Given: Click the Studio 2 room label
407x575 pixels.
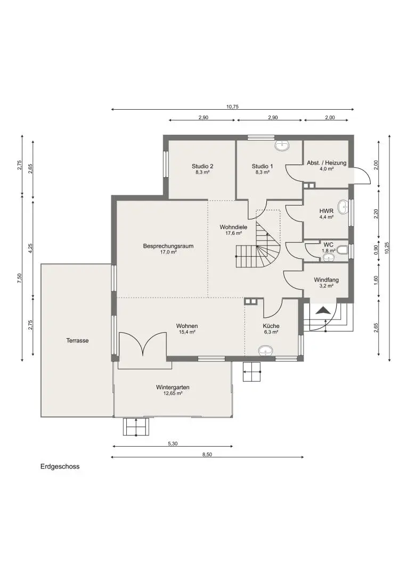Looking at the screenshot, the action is (202, 166).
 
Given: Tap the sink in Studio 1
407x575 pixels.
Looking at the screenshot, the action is (282, 145).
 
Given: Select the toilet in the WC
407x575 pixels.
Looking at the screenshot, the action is (341, 249).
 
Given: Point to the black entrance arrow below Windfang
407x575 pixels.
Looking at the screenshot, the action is (323, 310).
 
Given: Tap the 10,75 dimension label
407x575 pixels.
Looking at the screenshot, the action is (232, 106).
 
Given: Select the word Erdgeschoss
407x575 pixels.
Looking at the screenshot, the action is (60, 466).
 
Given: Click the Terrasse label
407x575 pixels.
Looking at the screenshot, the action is (77, 340).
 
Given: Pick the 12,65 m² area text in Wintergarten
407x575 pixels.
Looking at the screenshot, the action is (173, 393).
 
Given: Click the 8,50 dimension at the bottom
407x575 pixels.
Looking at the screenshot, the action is (207, 454).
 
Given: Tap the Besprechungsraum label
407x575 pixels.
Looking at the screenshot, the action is (168, 246).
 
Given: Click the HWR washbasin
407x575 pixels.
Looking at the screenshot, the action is (344, 207).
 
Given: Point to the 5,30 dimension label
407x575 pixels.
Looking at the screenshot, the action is (173, 443).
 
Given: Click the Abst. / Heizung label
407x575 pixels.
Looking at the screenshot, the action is (327, 163).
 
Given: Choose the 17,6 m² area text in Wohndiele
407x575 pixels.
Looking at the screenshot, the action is (233, 233).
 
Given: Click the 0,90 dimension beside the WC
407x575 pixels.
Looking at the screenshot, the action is (376, 250).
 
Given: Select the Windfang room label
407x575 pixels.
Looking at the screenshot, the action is (326, 280).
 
